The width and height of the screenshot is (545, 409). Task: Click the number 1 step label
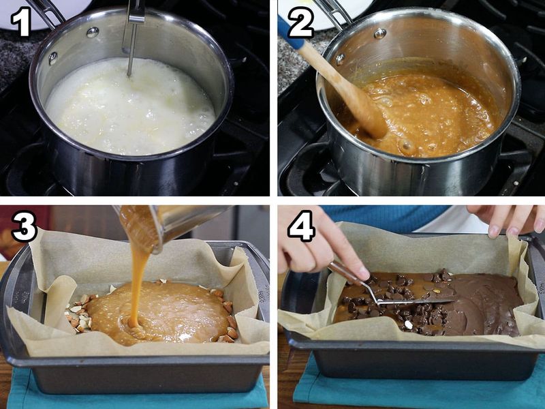coord(21,22)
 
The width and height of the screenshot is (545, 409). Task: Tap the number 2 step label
coord(300,22)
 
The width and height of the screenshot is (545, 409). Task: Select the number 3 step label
coord(22,227)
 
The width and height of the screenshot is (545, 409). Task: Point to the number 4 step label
coord(300,226)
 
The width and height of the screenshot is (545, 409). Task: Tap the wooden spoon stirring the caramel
coord(347,92)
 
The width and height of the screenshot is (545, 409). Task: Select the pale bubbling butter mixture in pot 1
coord(129,106)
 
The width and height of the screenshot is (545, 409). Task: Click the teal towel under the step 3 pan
coord(136,399)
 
